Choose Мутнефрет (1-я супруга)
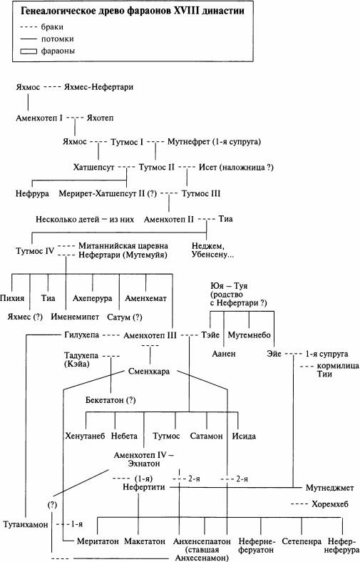coord(212,141)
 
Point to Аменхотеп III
coord(151,334)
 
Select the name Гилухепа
coord(78,334)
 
